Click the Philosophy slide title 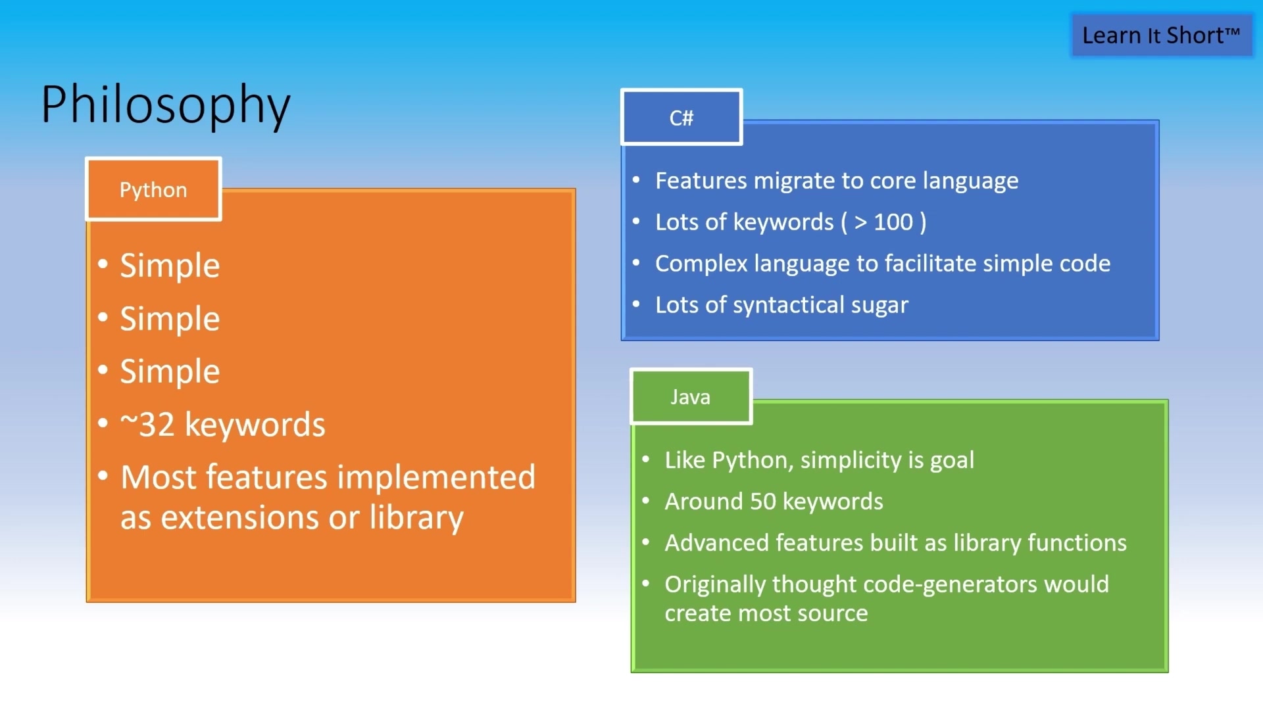click(165, 105)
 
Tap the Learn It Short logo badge click(1161, 35)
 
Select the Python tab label click(153, 190)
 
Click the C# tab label click(681, 118)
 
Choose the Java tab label click(690, 397)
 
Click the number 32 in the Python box click(157, 425)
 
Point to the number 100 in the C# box click(893, 222)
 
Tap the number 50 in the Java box click(763, 502)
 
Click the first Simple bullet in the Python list click(170, 266)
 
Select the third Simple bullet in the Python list click(170, 371)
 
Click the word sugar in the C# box click(879, 306)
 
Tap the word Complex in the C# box click(701, 264)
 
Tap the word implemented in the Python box click(436, 478)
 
